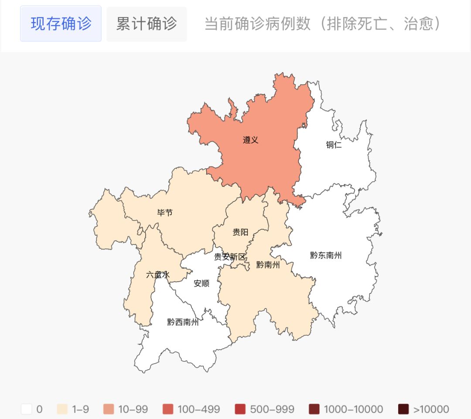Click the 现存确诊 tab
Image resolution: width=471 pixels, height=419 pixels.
[61, 24]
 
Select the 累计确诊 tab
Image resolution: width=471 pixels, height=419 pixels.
[147, 24]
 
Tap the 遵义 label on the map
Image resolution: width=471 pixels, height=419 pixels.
[251, 140]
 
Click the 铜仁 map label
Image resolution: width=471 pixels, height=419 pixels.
[334, 145]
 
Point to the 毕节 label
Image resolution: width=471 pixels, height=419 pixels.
[165, 213]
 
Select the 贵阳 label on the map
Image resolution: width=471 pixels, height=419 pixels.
[240, 232]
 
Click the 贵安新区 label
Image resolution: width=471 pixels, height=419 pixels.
[230, 257]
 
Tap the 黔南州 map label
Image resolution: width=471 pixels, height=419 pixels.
[268, 264]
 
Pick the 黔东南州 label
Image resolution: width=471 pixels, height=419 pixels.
[326, 255]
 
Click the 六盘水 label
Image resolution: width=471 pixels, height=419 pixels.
[158, 275]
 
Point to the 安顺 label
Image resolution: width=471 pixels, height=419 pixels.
[201, 284]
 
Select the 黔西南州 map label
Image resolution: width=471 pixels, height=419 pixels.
[183, 323]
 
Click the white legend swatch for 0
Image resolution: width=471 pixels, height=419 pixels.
[27, 409]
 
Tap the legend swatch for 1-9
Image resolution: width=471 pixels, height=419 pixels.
[62, 409]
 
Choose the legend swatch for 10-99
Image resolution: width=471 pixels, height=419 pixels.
[109, 409]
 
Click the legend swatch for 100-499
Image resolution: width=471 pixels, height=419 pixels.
[168, 409]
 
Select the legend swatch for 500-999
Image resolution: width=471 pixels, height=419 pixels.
[240, 409]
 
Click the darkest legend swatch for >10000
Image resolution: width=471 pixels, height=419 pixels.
[403, 409]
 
